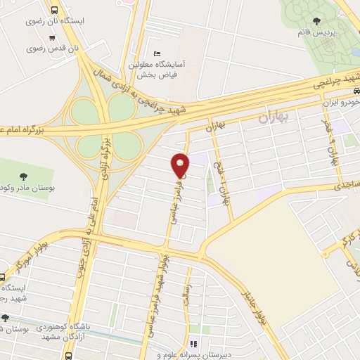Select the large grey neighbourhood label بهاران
pos(273,117)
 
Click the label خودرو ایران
pos(341,103)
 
